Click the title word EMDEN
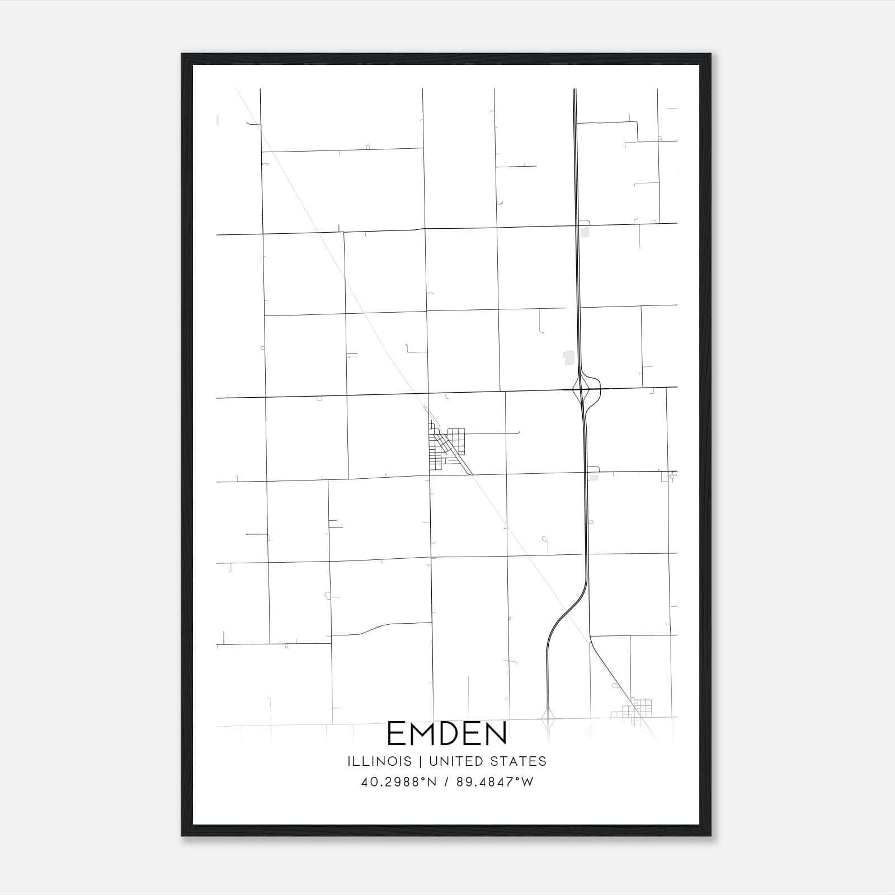click(447, 733)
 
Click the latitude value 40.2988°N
click(398, 782)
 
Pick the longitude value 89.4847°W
click(495, 782)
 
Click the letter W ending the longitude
click(528, 782)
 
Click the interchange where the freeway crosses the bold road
click(583, 388)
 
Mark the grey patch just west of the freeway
click(569, 357)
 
